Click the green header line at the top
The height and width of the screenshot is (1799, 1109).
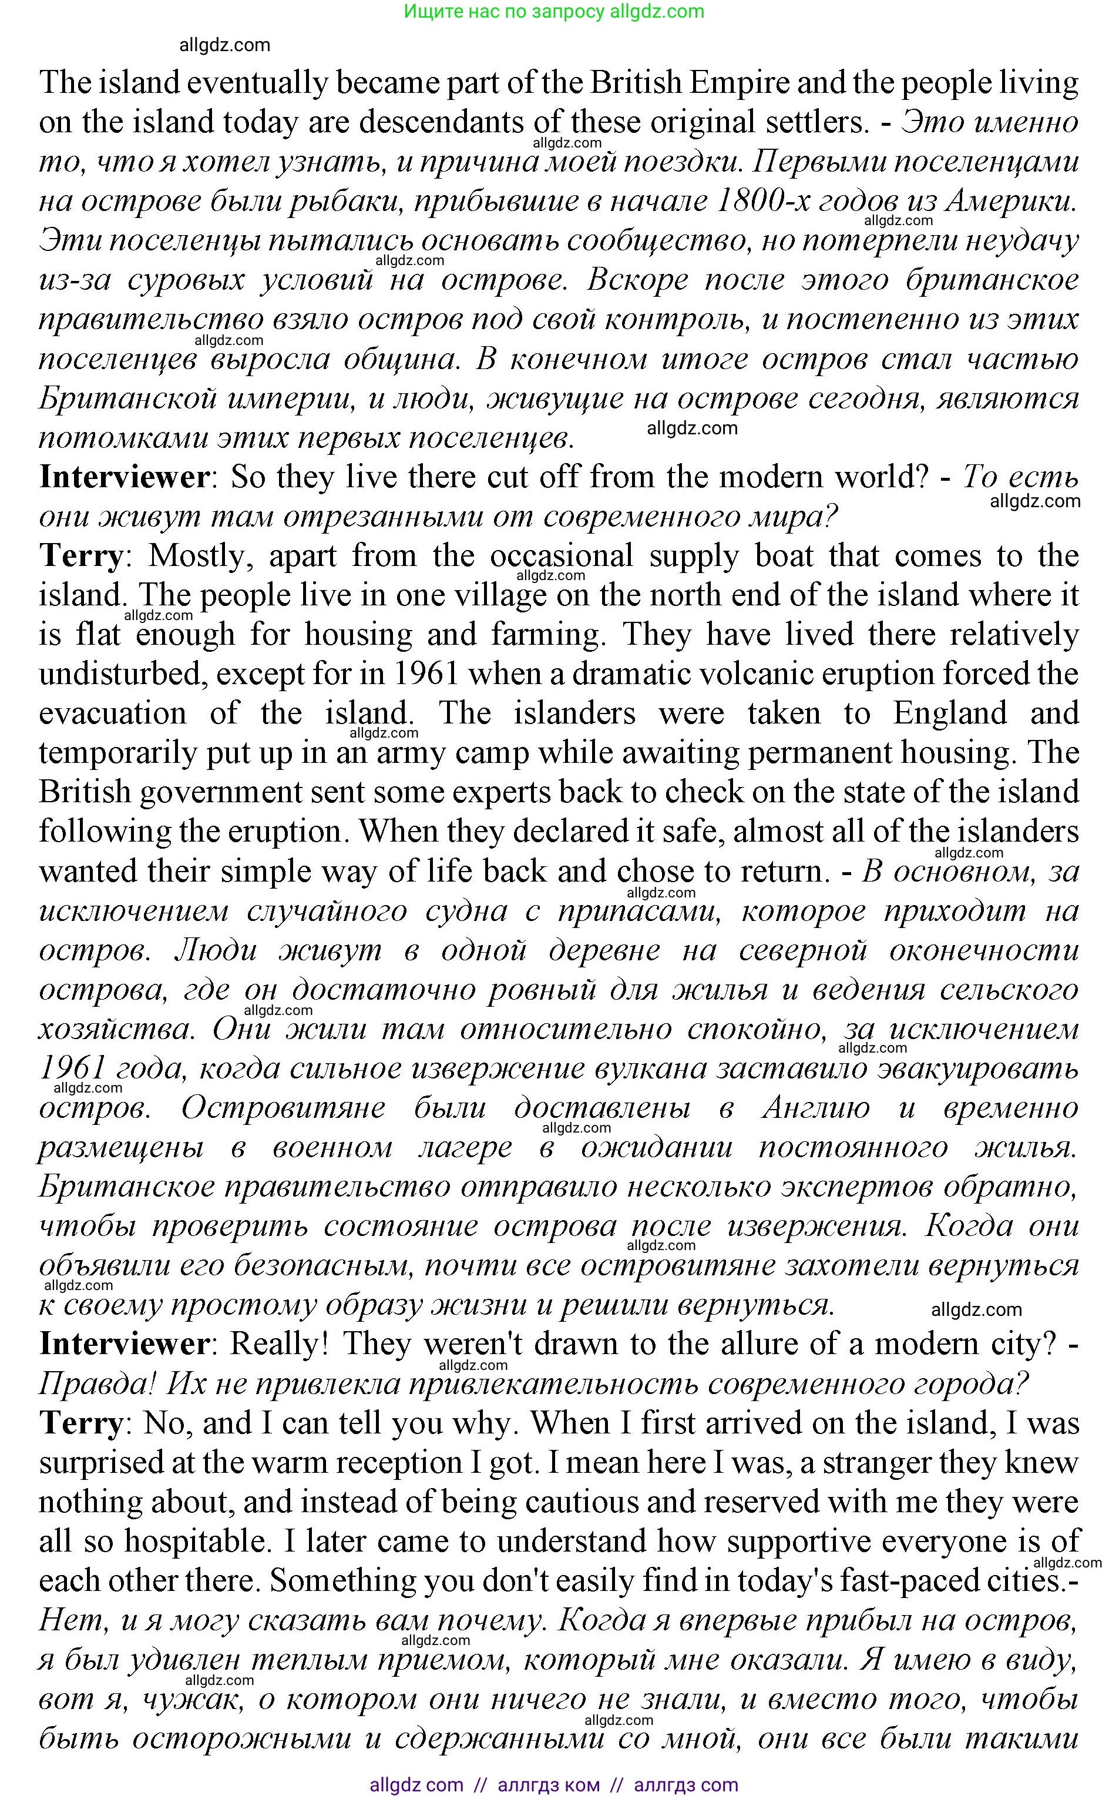coord(554,11)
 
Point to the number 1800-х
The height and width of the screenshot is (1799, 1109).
coord(761,201)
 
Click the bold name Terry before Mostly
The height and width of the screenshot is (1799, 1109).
coord(80,556)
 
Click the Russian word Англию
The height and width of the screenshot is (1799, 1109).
coord(816,1108)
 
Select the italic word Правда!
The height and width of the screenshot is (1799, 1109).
coord(97,1385)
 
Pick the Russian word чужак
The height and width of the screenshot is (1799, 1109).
coord(192,1701)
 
